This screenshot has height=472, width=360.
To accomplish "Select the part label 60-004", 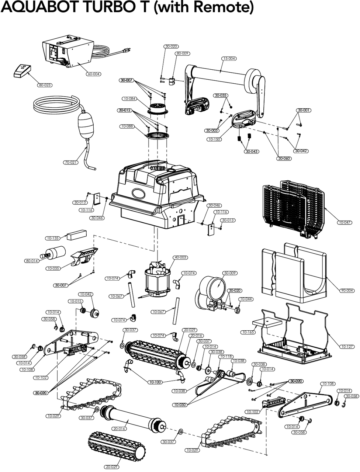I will point(93,74).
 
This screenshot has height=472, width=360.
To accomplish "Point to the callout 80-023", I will point(45,85).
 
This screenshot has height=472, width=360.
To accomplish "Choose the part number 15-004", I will point(229,59).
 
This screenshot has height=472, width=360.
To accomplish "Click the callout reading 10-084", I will point(129,98).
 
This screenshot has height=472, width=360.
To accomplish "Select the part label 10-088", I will point(127,126).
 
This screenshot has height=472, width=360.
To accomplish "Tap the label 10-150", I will point(214,139).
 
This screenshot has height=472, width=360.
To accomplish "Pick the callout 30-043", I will point(252,152).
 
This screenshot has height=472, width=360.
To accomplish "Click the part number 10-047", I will point(345,222).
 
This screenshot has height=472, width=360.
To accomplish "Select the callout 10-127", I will point(347,347).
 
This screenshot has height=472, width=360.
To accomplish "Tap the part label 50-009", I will point(230,273).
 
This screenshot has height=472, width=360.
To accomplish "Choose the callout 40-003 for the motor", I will point(180,257).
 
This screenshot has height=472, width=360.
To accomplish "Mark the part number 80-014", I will point(32,261).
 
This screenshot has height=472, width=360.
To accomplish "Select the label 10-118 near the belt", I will point(226,357).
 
